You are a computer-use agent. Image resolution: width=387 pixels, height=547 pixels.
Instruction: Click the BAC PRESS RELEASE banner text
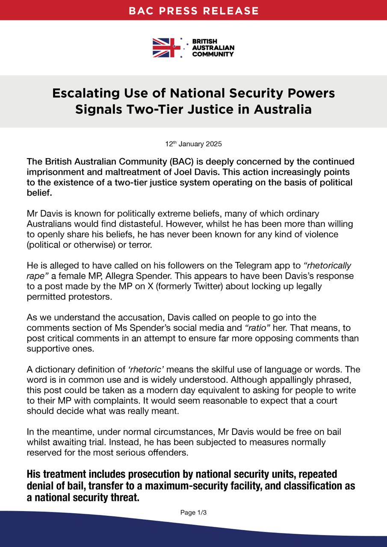coord(194,10)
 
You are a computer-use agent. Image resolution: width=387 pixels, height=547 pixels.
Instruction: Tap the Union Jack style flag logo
coord(166,48)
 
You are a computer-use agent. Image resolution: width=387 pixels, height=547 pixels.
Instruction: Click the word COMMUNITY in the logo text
coord(213,54)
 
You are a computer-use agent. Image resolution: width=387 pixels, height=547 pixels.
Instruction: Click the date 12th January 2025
coord(193,144)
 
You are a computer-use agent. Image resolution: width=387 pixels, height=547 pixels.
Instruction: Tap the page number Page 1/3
coord(193,512)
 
